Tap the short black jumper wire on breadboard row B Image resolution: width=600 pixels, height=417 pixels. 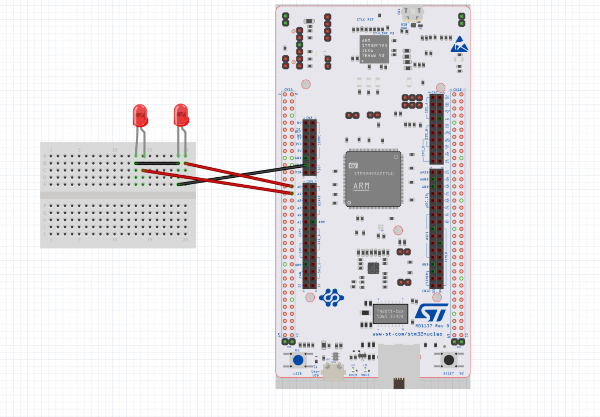[x=157, y=163]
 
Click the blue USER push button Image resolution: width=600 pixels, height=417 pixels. [x=298, y=360]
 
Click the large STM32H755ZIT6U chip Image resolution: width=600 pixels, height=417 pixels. [x=373, y=179]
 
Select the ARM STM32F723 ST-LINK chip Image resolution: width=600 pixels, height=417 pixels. [x=374, y=49]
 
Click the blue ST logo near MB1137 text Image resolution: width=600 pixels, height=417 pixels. [x=431, y=312]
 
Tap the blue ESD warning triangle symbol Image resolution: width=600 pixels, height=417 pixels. [x=459, y=45]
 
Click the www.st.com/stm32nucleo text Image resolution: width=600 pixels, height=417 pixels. [x=407, y=334]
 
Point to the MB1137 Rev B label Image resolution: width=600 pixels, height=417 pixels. [x=432, y=326]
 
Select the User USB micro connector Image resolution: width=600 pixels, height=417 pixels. [x=333, y=372]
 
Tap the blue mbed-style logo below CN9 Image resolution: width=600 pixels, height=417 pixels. [x=331, y=298]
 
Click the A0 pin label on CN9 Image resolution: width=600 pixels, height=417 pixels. [x=299, y=187]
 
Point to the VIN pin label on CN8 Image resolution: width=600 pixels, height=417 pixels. [x=298, y=172]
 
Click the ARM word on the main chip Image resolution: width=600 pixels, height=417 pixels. [x=361, y=186]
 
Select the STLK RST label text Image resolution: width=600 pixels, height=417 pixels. [x=365, y=20]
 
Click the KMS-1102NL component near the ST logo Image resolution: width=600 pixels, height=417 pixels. [x=390, y=314]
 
